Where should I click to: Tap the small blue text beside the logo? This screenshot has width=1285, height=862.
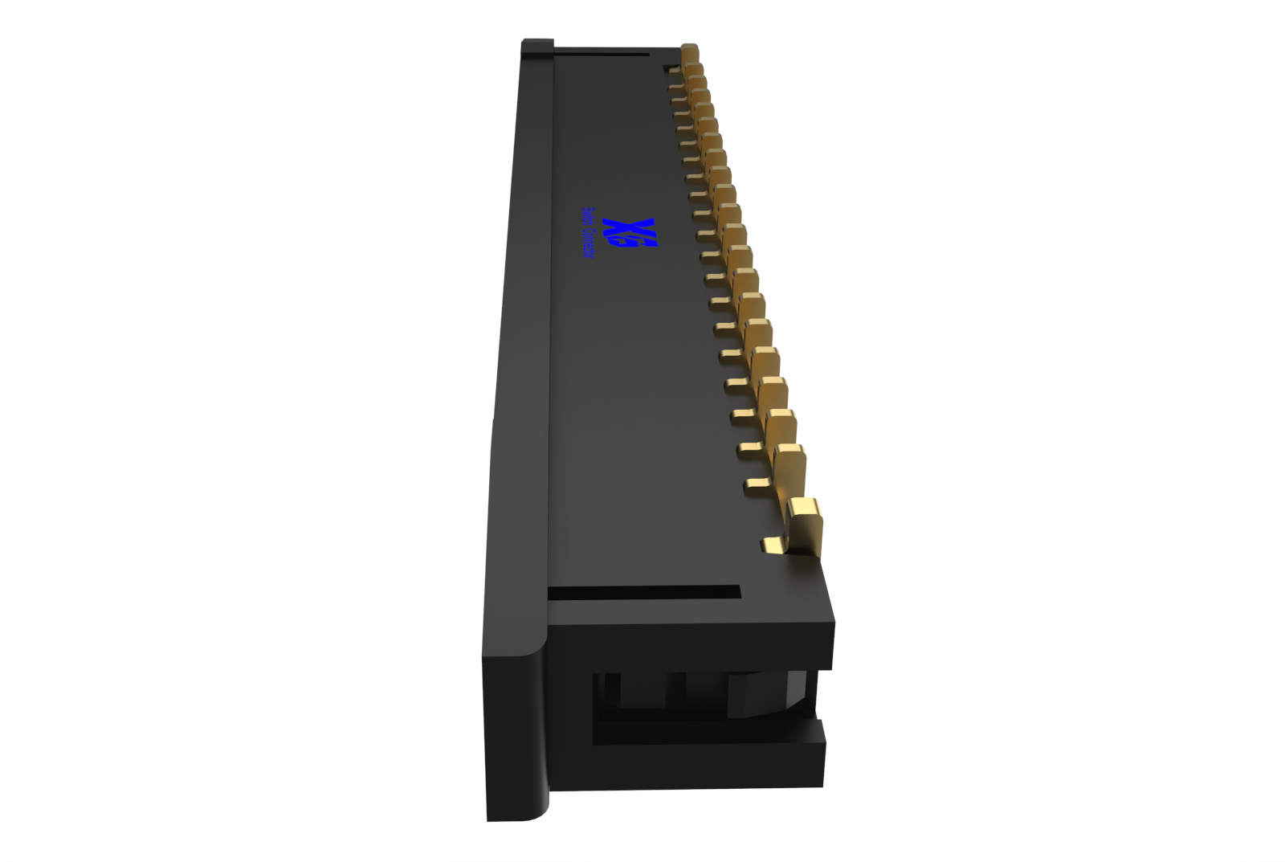587,233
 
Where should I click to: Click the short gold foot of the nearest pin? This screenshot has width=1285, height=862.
773,546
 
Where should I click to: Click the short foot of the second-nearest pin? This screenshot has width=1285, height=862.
756,484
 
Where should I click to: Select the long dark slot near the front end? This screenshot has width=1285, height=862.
642,593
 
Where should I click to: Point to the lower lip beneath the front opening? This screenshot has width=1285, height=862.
707,763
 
